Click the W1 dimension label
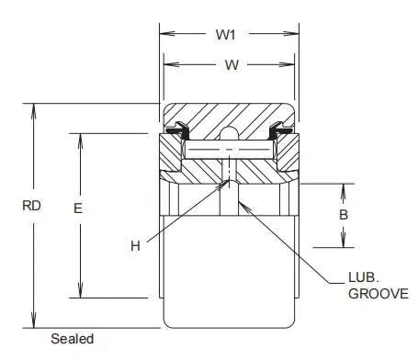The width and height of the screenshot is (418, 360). click(x=226, y=35)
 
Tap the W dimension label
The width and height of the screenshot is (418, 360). click(x=232, y=65)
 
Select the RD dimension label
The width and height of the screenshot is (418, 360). click(x=31, y=206)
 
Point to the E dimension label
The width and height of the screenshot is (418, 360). click(x=78, y=208)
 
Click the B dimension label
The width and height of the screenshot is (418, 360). click(x=344, y=215)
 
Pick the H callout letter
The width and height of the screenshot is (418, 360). click(x=135, y=246)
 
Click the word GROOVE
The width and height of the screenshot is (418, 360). click(x=378, y=294)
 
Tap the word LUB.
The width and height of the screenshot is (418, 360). click(x=364, y=277)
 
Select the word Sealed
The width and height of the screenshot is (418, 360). click(x=73, y=339)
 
